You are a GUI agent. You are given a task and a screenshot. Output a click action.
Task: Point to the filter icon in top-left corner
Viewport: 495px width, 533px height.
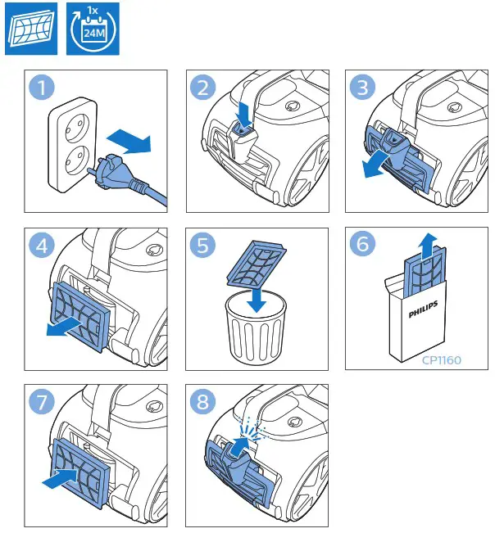[30, 29]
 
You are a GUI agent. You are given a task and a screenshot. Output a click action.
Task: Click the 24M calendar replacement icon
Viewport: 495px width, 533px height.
[91, 29]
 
